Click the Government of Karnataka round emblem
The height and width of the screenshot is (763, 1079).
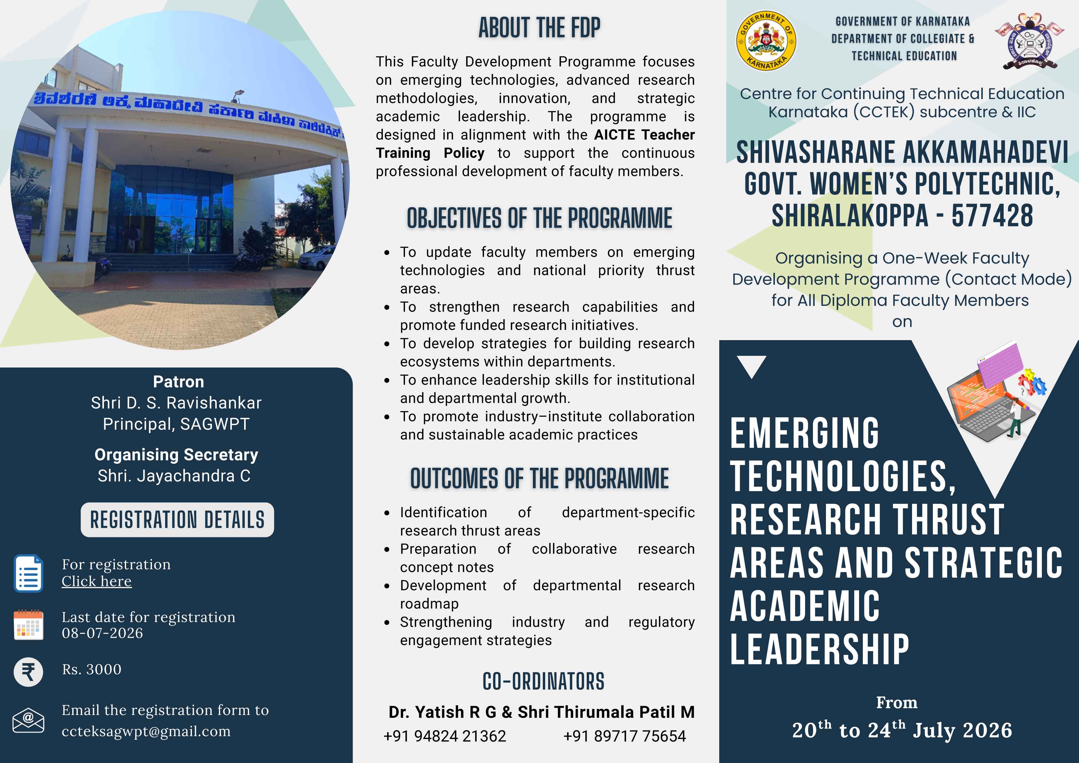[x=766, y=41]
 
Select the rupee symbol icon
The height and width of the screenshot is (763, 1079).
[x=28, y=672]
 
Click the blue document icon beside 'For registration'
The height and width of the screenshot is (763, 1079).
[x=29, y=573]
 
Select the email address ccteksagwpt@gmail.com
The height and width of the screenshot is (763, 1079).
[x=146, y=732]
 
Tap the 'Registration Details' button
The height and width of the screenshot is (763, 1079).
[x=177, y=520]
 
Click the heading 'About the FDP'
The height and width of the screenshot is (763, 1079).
[x=539, y=28]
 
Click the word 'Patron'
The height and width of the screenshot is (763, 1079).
[x=179, y=382]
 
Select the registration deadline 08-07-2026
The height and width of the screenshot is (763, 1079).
[x=102, y=633]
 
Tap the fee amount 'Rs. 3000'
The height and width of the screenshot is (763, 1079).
[x=92, y=670]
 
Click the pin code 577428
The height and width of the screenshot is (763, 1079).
[x=993, y=216]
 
